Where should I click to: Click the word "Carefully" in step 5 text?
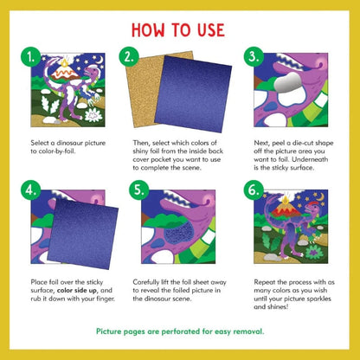[149, 281]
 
